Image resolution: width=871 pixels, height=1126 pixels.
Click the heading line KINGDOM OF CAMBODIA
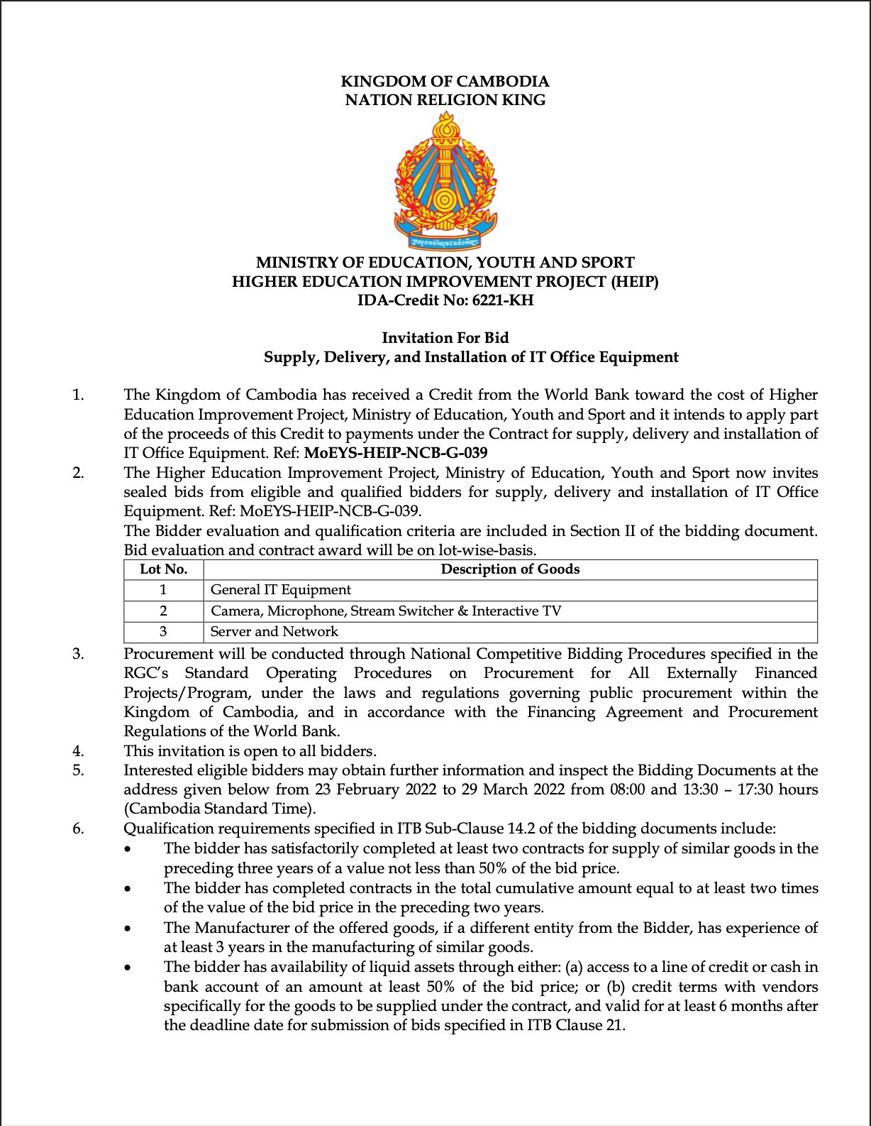pyautogui.click(x=445, y=82)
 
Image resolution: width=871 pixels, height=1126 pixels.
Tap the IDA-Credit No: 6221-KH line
pyautogui.click(x=445, y=300)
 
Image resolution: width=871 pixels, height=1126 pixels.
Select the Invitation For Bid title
pyautogui.click(x=445, y=338)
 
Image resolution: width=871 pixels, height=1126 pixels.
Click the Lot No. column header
pyautogui.click(x=164, y=569)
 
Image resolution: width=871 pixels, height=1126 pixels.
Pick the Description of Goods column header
pyautogui.click(x=510, y=569)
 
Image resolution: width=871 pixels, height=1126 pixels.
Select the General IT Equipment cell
pyautogui.click(x=281, y=590)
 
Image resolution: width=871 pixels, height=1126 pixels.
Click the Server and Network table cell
pyautogui.click(x=274, y=632)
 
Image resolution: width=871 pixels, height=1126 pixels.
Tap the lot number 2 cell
pyautogui.click(x=164, y=611)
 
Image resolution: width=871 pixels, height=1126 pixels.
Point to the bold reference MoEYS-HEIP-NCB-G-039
pyautogui.click(x=395, y=453)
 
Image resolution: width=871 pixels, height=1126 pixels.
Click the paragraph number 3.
pyautogui.click(x=78, y=654)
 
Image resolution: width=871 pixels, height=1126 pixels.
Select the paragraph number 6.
pyautogui.click(x=78, y=829)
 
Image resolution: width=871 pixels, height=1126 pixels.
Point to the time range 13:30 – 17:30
pyautogui.click(x=727, y=789)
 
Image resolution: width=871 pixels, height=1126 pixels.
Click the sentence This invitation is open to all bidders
pyautogui.click(x=250, y=751)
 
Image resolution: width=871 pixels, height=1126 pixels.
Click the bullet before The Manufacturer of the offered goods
pyautogui.click(x=128, y=929)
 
